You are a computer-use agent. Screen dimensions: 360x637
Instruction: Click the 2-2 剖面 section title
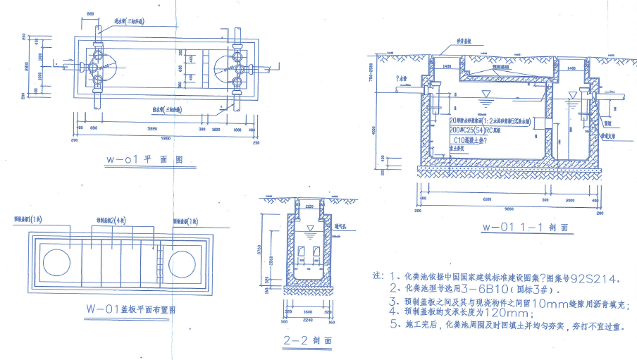pyautogui.click(x=304, y=340)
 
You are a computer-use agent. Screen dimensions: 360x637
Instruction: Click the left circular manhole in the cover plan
pyautogui.click(x=57, y=261)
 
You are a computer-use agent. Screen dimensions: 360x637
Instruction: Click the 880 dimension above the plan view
pyautogui.click(x=91, y=13)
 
